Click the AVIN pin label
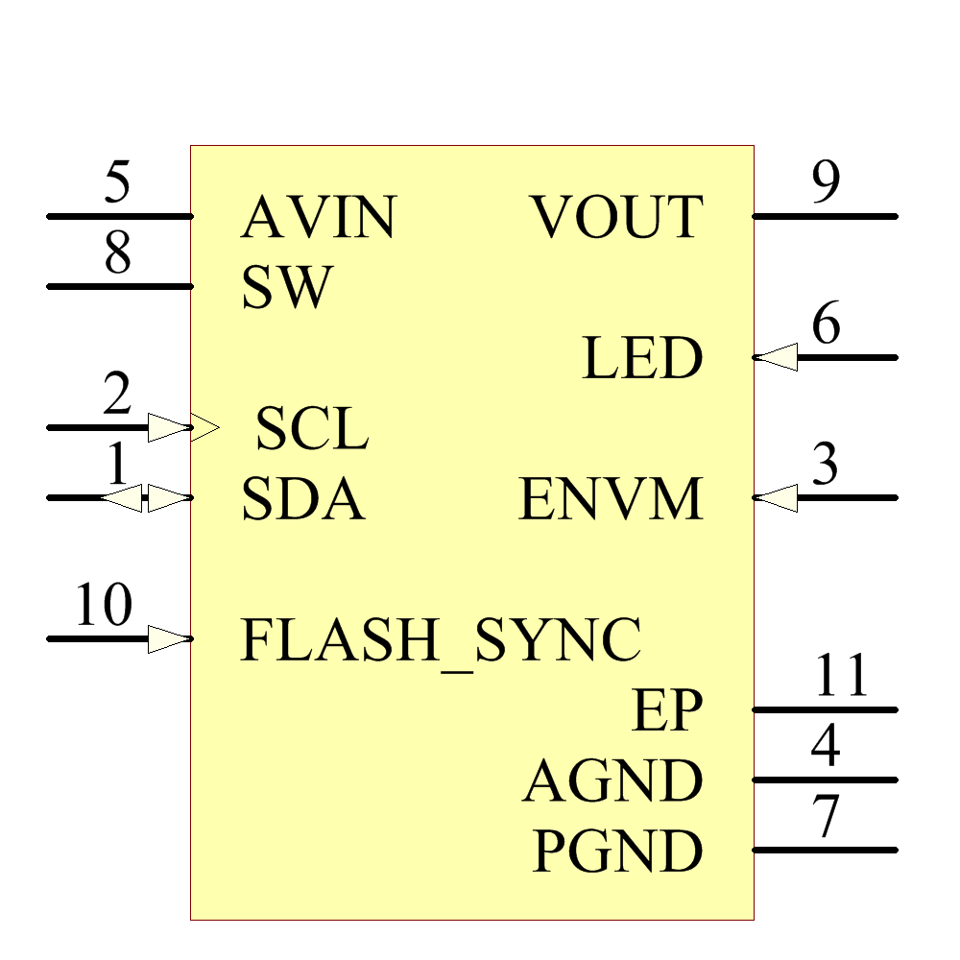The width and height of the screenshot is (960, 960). tap(318, 217)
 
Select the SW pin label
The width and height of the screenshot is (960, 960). tap(286, 287)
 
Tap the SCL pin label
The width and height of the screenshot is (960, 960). tap(312, 428)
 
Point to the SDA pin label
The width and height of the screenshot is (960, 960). tap(302, 499)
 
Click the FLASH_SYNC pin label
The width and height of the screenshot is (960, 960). tap(440, 640)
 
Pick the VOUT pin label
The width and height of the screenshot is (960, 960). tap(617, 217)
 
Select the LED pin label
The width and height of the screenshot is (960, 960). tap(642, 359)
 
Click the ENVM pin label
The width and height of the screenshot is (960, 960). tap(611, 499)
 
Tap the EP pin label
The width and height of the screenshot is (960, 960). tap(667, 711)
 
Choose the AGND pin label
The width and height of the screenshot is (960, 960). tap(612, 781)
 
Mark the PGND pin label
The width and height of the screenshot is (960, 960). tap(617, 852)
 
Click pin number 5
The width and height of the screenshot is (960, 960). tap(117, 183)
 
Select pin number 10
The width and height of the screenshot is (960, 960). tap(104, 606)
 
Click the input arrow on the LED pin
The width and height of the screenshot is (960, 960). tap(775, 358)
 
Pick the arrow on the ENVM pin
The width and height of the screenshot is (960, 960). tap(775, 498)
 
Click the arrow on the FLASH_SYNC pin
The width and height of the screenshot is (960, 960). tap(170, 639)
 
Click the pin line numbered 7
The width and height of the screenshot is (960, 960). tap(825, 851)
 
